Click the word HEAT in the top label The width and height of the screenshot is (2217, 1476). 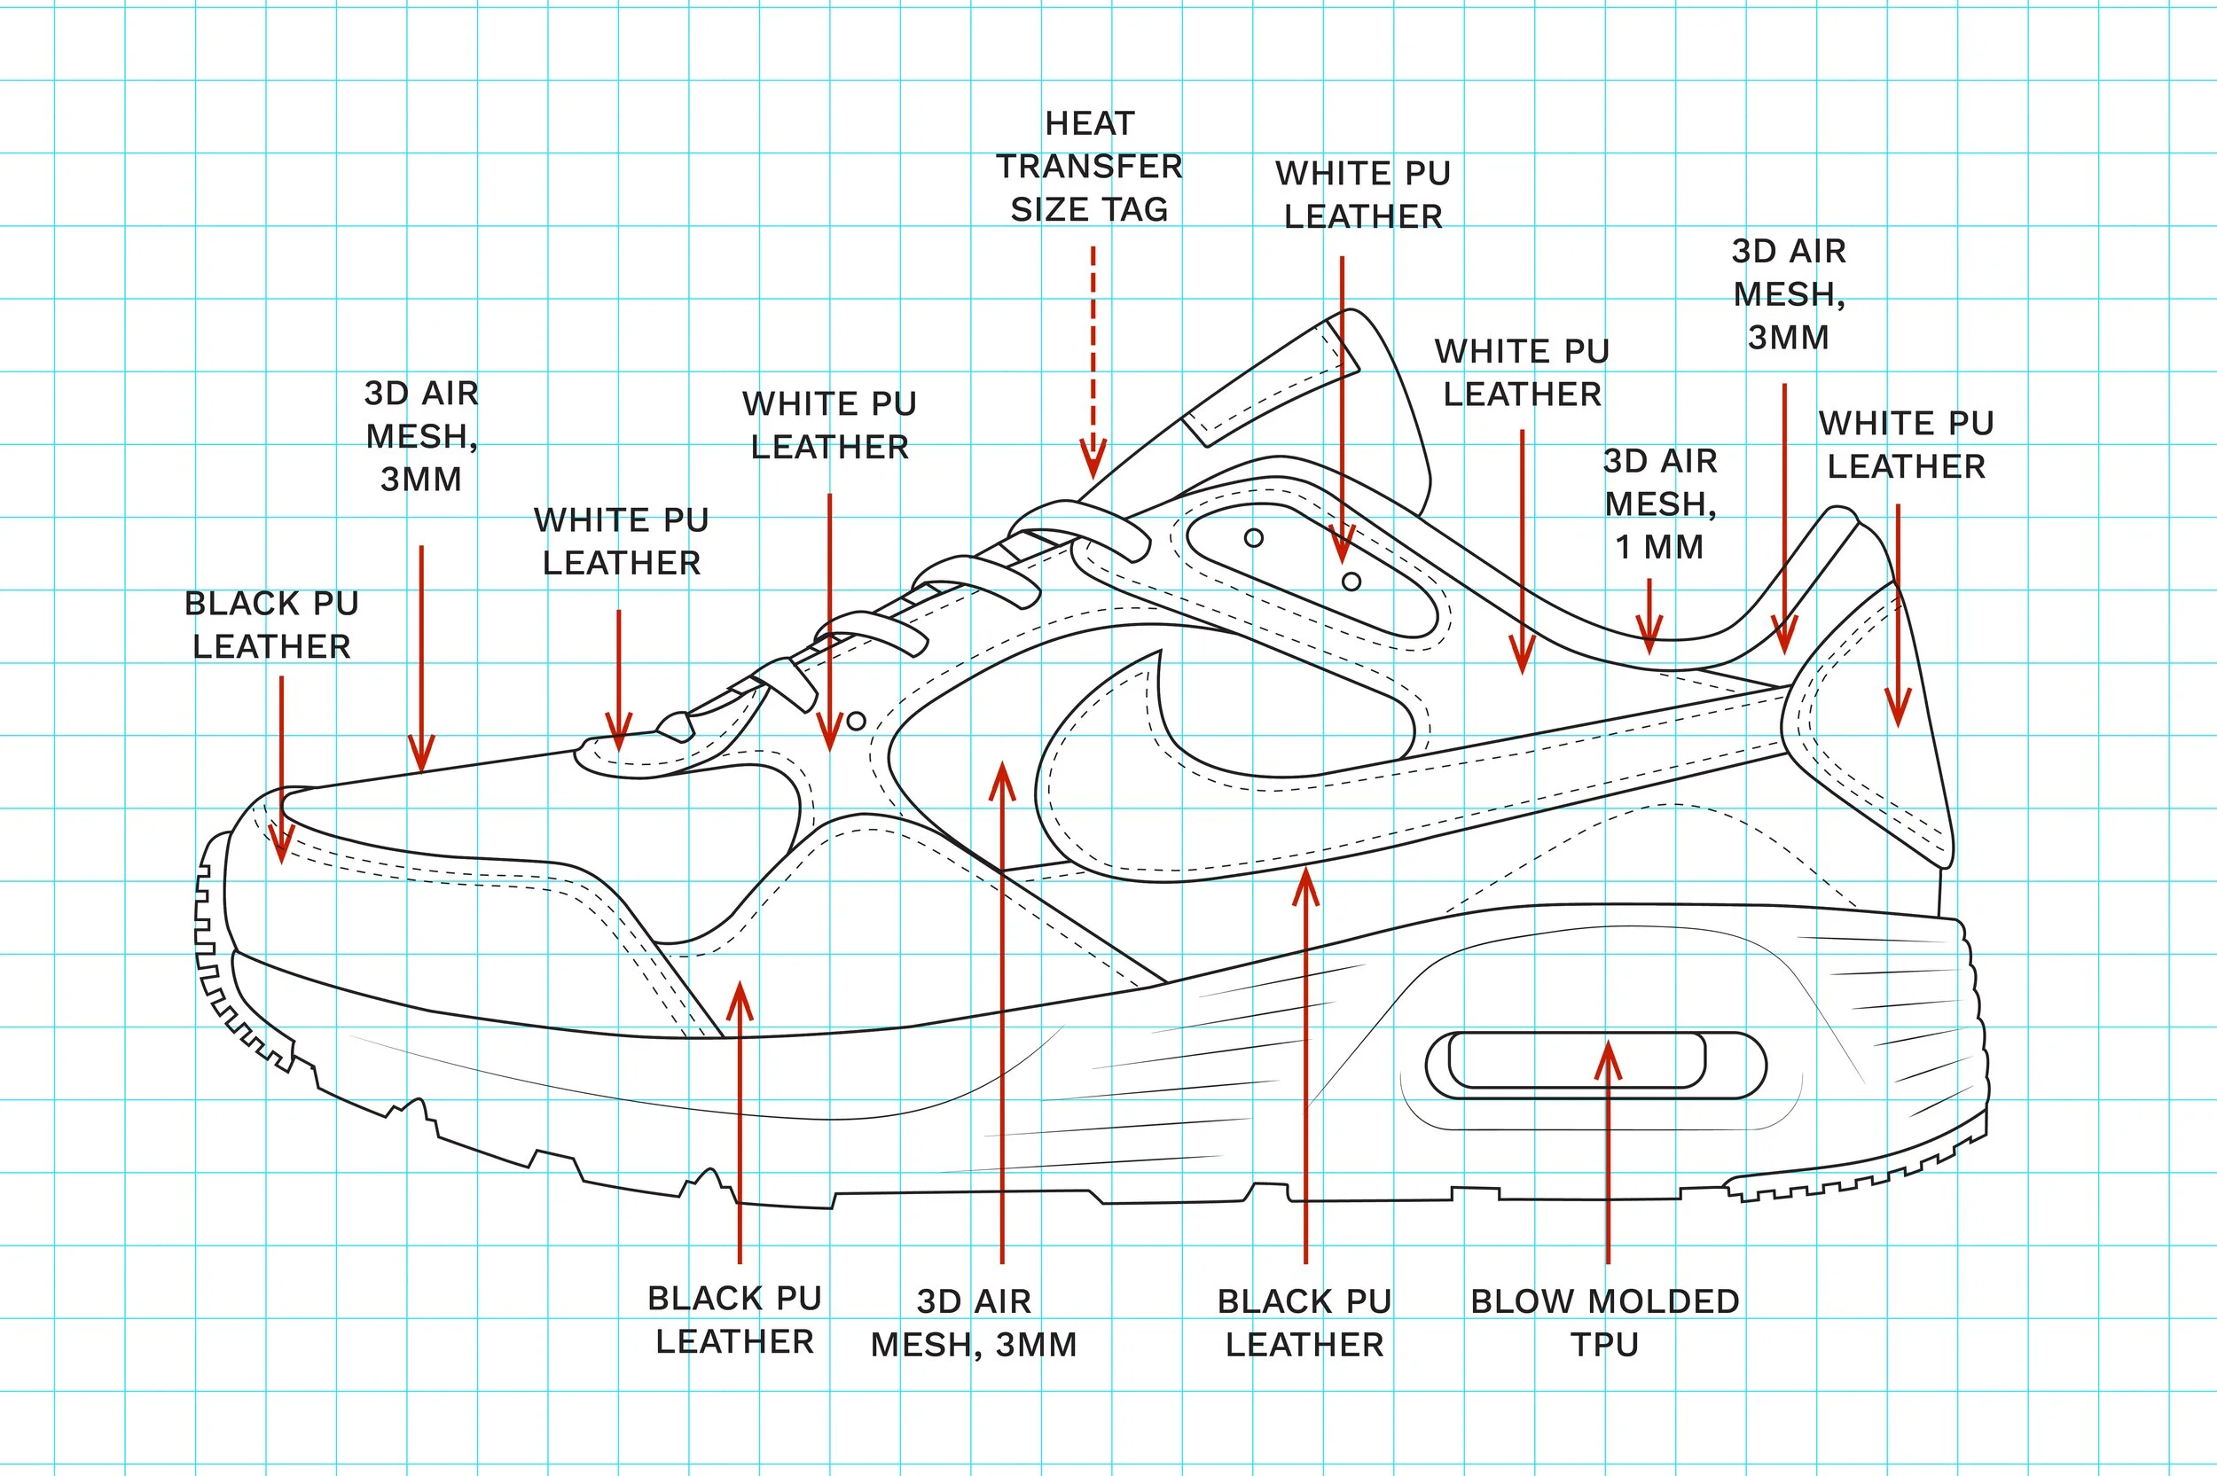pyautogui.click(x=1089, y=123)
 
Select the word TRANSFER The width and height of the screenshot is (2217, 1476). pyautogui.click(x=1089, y=167)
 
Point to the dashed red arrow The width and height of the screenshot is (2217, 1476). pyautogui.click(x=1092, y=363)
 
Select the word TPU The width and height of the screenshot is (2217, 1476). pyautogui.click(x=1604, y=1344)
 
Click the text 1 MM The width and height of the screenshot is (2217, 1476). pyautogui.click(x=1658, y=547)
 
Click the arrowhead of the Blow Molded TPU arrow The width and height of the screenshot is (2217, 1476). pyautogui.click(x=1608, y=1058)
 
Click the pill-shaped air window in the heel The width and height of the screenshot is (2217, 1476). pyautogui.click(x=1594, y=1065)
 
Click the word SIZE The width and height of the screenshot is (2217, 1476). pyautogui.click(x=1044, y=209)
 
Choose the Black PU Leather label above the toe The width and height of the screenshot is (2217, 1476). pyautogui.click(x=271, y=624)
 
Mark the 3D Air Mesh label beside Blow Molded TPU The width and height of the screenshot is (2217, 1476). pyautogui.click(x=974, y=1323)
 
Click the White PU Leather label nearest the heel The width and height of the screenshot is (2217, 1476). pyautogui.click(x=1907, y=444)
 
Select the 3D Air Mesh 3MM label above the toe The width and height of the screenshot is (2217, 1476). pyautogui.click(x=421, y=436)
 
